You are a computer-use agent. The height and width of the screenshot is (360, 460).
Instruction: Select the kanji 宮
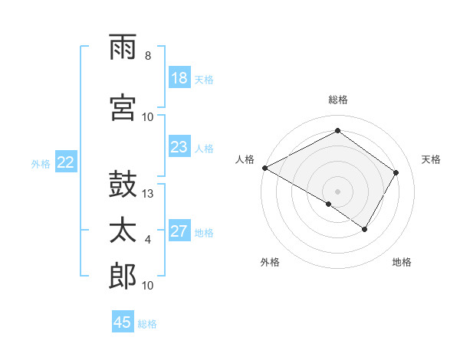pos(123,108)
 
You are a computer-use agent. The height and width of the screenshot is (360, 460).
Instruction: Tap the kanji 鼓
pos(123,187)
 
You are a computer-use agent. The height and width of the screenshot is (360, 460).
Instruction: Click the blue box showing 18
pos(179,78)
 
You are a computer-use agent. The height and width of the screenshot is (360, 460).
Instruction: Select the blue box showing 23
pos(179,147)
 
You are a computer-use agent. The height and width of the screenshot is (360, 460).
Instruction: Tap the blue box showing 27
pos(179,232)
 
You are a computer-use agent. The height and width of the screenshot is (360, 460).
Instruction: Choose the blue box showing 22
pos(66,162)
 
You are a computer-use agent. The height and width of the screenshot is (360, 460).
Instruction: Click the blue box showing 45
pos(123,322)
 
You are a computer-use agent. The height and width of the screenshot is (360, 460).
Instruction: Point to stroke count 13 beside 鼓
pos(149,194)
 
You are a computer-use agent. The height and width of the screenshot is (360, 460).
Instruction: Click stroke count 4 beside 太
pos(148,240)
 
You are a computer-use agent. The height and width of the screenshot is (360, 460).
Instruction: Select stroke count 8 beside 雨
pos(148,56)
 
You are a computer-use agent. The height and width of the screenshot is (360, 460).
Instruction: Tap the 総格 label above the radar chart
pos(338,100)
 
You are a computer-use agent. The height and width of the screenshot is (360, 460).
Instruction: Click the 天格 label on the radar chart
pos(431,159)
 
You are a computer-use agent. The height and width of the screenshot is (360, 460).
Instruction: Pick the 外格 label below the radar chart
pos(270,262)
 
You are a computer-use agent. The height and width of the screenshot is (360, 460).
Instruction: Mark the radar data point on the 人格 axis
pos(264,168)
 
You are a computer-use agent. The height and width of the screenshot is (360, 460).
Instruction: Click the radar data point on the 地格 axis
pos(365,229)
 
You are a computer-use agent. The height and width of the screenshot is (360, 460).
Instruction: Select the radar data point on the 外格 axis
pos(329,204)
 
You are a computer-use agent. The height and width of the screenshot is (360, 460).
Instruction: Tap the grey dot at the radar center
pos(337,191)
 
